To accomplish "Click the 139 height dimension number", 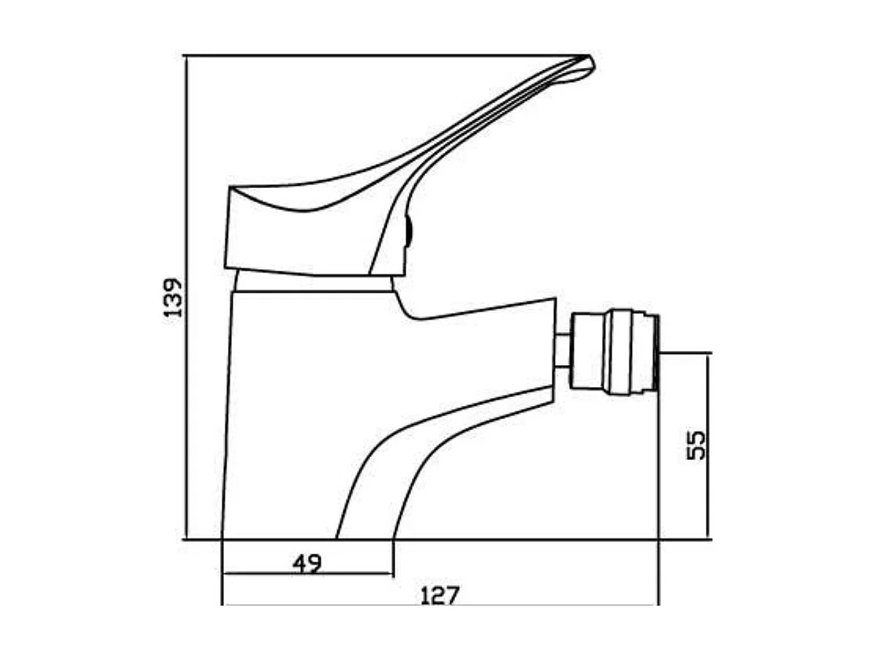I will [173, 298].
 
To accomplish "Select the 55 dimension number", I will [697, 445].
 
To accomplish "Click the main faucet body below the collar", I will [293, 410].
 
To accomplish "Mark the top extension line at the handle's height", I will [366, 56].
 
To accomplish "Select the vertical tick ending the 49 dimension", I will [394, 559].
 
